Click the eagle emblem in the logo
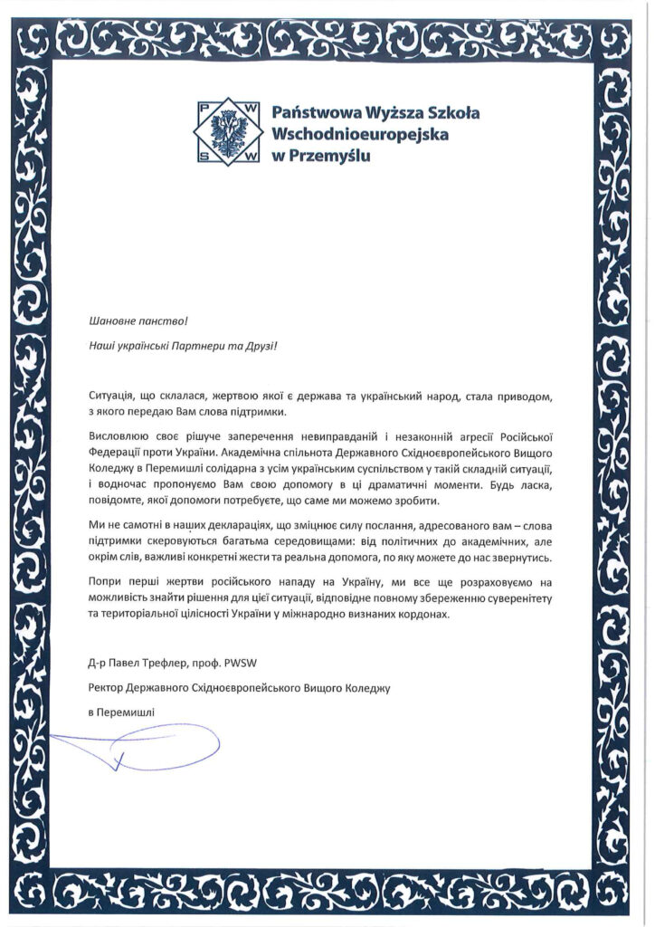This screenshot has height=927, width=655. [230, 133]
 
